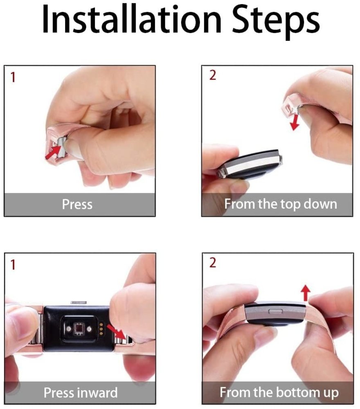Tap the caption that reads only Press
coord(77,204)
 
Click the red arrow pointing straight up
coord(306,293)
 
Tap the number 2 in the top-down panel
coord(212,76)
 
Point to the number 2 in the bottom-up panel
coord(212,263)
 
